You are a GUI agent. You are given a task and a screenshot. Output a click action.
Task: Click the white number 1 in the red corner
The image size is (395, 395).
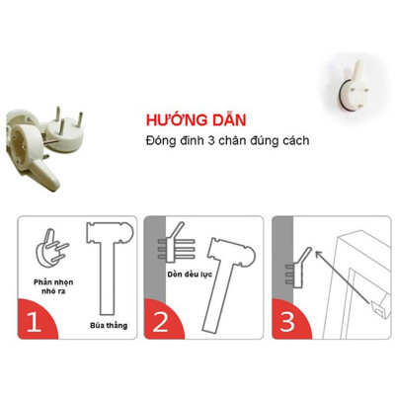point(36,322)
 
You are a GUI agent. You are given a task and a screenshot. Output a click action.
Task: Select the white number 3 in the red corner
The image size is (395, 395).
point(287,322)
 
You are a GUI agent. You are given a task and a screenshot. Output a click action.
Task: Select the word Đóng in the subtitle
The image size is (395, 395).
point(161,139)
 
